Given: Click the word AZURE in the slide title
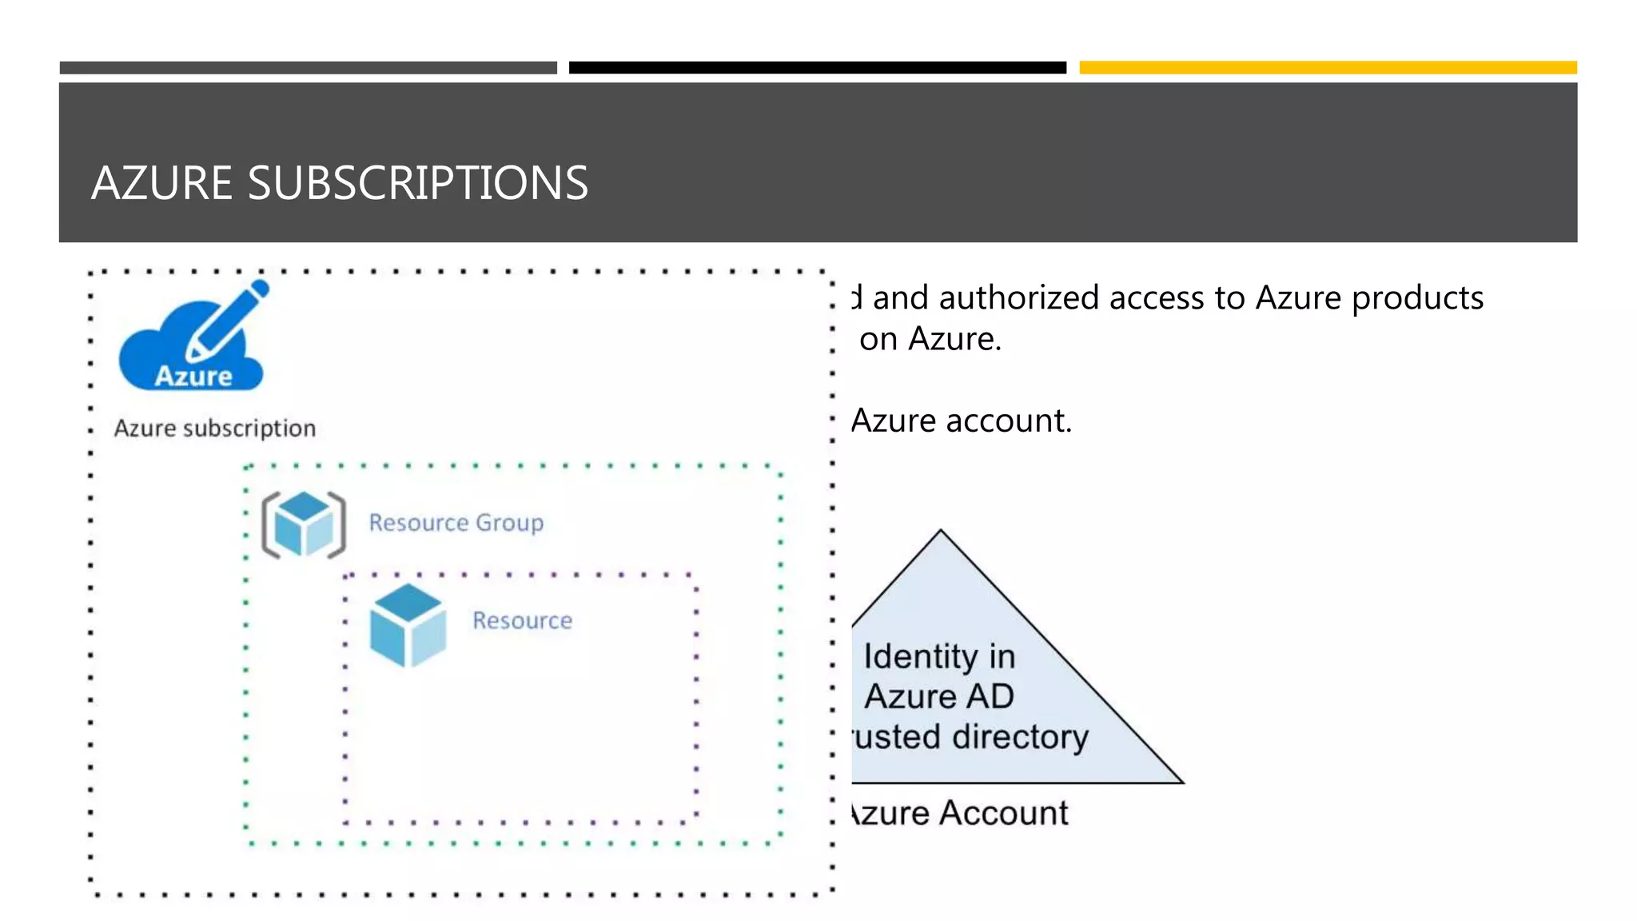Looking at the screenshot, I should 161,183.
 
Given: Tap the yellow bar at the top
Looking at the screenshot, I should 1328,68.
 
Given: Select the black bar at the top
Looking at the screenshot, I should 817,68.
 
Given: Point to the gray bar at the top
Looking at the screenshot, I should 308,68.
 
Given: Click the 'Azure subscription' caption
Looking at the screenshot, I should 214,429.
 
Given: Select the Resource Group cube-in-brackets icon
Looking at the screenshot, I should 304,524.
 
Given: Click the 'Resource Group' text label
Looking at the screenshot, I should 456,523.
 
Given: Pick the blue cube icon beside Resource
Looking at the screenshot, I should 408,625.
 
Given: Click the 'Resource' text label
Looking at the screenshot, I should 522,621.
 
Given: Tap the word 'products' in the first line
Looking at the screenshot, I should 1417,298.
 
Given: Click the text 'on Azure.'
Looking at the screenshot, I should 930,340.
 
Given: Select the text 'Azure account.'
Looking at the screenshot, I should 961,421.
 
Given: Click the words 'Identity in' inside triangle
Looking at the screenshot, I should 939,656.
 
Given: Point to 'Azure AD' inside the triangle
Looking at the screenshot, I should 939,696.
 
